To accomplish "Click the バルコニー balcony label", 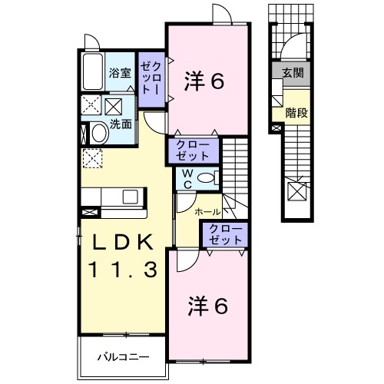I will pos(122,357).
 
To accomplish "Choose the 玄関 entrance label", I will pos(292,73).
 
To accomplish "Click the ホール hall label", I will pos(207,211).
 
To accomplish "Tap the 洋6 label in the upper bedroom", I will pos(205,81).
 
